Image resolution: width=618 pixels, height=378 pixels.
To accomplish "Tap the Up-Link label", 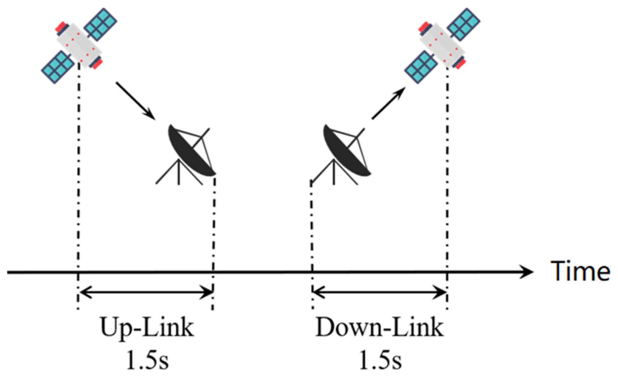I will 147,328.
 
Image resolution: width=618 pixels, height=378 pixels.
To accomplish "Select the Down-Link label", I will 379,328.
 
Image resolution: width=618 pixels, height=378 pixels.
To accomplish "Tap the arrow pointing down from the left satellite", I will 136,101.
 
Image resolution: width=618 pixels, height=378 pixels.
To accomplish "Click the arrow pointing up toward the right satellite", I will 388,103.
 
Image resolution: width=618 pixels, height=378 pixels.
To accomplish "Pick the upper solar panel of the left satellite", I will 100,24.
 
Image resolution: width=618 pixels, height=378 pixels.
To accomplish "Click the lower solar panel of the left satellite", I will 58,67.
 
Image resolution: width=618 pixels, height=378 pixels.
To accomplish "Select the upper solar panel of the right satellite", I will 464,24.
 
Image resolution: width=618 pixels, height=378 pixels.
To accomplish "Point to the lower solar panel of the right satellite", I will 421,67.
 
